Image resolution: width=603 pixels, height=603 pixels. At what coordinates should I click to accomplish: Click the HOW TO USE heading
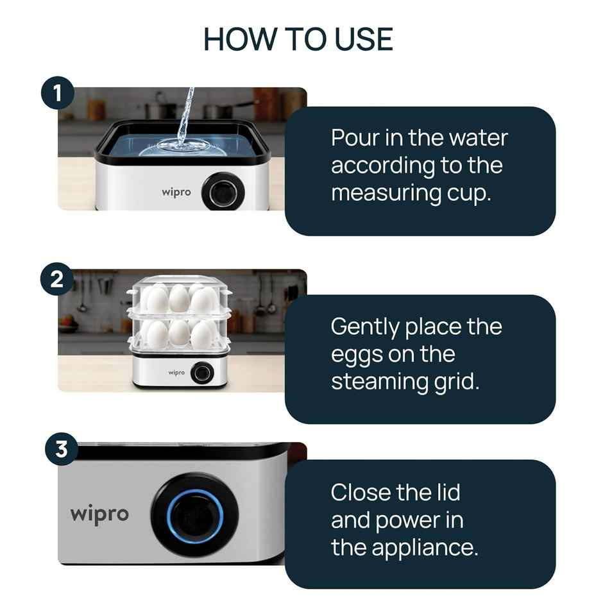coord(298,40)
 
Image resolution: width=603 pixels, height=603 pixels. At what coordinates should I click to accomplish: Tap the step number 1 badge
coord(58,94)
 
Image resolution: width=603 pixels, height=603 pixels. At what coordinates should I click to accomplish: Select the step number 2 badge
coord(58,280)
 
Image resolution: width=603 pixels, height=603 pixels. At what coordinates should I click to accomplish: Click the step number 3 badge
coord(61,449)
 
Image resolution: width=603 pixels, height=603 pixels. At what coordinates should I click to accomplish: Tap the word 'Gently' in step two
coord(364,327)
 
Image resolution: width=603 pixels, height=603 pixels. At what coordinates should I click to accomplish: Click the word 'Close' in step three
coord(361,493)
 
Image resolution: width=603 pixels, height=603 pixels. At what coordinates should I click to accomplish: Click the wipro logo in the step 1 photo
coord(176,192)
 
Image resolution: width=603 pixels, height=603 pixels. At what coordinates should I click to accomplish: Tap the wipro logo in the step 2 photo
coord(176,372)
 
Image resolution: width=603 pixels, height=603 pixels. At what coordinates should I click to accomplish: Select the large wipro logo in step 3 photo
coord(99,514)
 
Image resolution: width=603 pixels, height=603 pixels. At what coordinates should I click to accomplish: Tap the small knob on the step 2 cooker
coord(201,373)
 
